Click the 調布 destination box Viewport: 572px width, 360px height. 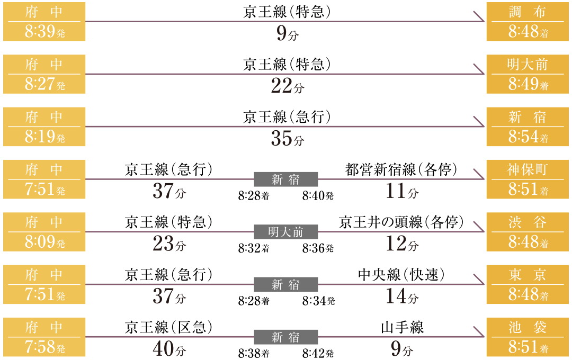pos(528,22)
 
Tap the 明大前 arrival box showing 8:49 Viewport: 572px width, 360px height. pos(528,74)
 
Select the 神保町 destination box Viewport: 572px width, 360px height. pos(528,179)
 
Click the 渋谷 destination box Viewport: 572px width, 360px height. pos(528,232)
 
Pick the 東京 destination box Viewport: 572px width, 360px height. pos(528,284)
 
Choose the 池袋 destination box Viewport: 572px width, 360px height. pos(528,337)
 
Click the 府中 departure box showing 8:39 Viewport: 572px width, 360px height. pos(44,22)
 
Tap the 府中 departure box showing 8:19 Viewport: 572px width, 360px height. pos(44,127)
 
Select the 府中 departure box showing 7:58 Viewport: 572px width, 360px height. pos(44,337)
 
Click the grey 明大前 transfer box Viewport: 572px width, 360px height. pos(286,232)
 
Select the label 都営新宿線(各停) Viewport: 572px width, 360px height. pos(401,170)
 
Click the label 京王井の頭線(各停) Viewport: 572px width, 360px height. pos(401,222)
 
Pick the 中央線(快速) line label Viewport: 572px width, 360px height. pos(401,275)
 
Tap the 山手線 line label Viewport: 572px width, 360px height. pos(402,327)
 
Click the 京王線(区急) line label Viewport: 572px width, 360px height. pos(169,327)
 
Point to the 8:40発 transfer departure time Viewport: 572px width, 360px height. pos(318,196)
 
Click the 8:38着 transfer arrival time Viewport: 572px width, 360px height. pos(254,353)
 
